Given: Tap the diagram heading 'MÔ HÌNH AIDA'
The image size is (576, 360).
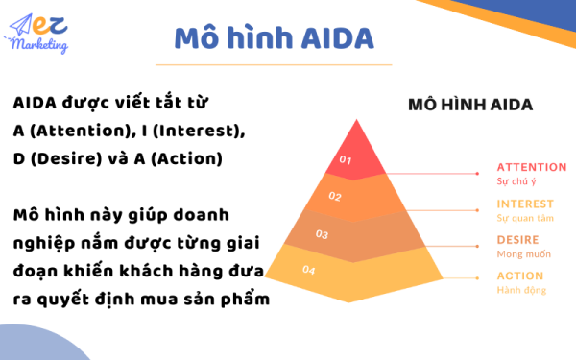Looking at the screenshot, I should tap(470, 104).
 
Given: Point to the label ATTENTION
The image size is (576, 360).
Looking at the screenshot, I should tap(531, 167).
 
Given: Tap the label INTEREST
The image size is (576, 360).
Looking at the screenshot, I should tap(525, 204).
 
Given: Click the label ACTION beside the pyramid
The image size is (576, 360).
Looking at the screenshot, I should tap(519, 276).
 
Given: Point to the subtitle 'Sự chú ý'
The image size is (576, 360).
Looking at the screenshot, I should tap(515, 180).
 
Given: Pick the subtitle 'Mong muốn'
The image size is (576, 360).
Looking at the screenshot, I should tap(519, 253).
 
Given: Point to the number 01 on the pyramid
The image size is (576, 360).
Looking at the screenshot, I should tap(347, 160).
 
